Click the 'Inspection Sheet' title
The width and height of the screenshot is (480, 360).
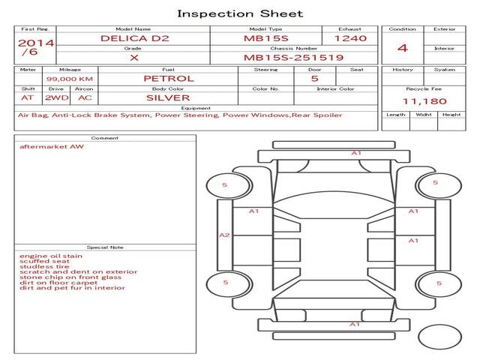tap(240, 13)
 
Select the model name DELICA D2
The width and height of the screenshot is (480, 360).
tap(135, 38)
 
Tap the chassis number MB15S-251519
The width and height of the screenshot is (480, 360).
tap(293, 58)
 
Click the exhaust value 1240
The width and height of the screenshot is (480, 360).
tap(350, 38)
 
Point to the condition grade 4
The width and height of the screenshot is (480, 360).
tap(403, 48)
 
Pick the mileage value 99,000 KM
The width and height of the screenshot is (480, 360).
tap(70, 79)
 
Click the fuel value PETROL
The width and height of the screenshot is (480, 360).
tap(169, 79)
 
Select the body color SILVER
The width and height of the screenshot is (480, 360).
tap(168, 98)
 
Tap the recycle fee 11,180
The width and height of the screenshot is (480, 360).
tap(424, 101)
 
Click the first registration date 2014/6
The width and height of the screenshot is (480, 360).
tap(36, 47)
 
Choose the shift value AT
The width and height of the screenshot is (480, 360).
tap(27, 98)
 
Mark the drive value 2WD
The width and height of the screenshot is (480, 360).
tap(57, 98)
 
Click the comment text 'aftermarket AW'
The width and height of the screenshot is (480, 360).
tap(52, 147)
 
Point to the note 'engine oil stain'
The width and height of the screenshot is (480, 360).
tap(51, 256)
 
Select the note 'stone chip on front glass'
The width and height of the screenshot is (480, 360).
tap(70, 277)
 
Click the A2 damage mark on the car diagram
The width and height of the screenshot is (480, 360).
tap(224, 235)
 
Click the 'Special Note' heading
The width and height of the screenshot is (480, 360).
tap(105, 247)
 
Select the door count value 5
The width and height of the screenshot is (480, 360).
tap(315, 79)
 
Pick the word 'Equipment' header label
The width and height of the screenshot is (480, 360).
tap(196, 108)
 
